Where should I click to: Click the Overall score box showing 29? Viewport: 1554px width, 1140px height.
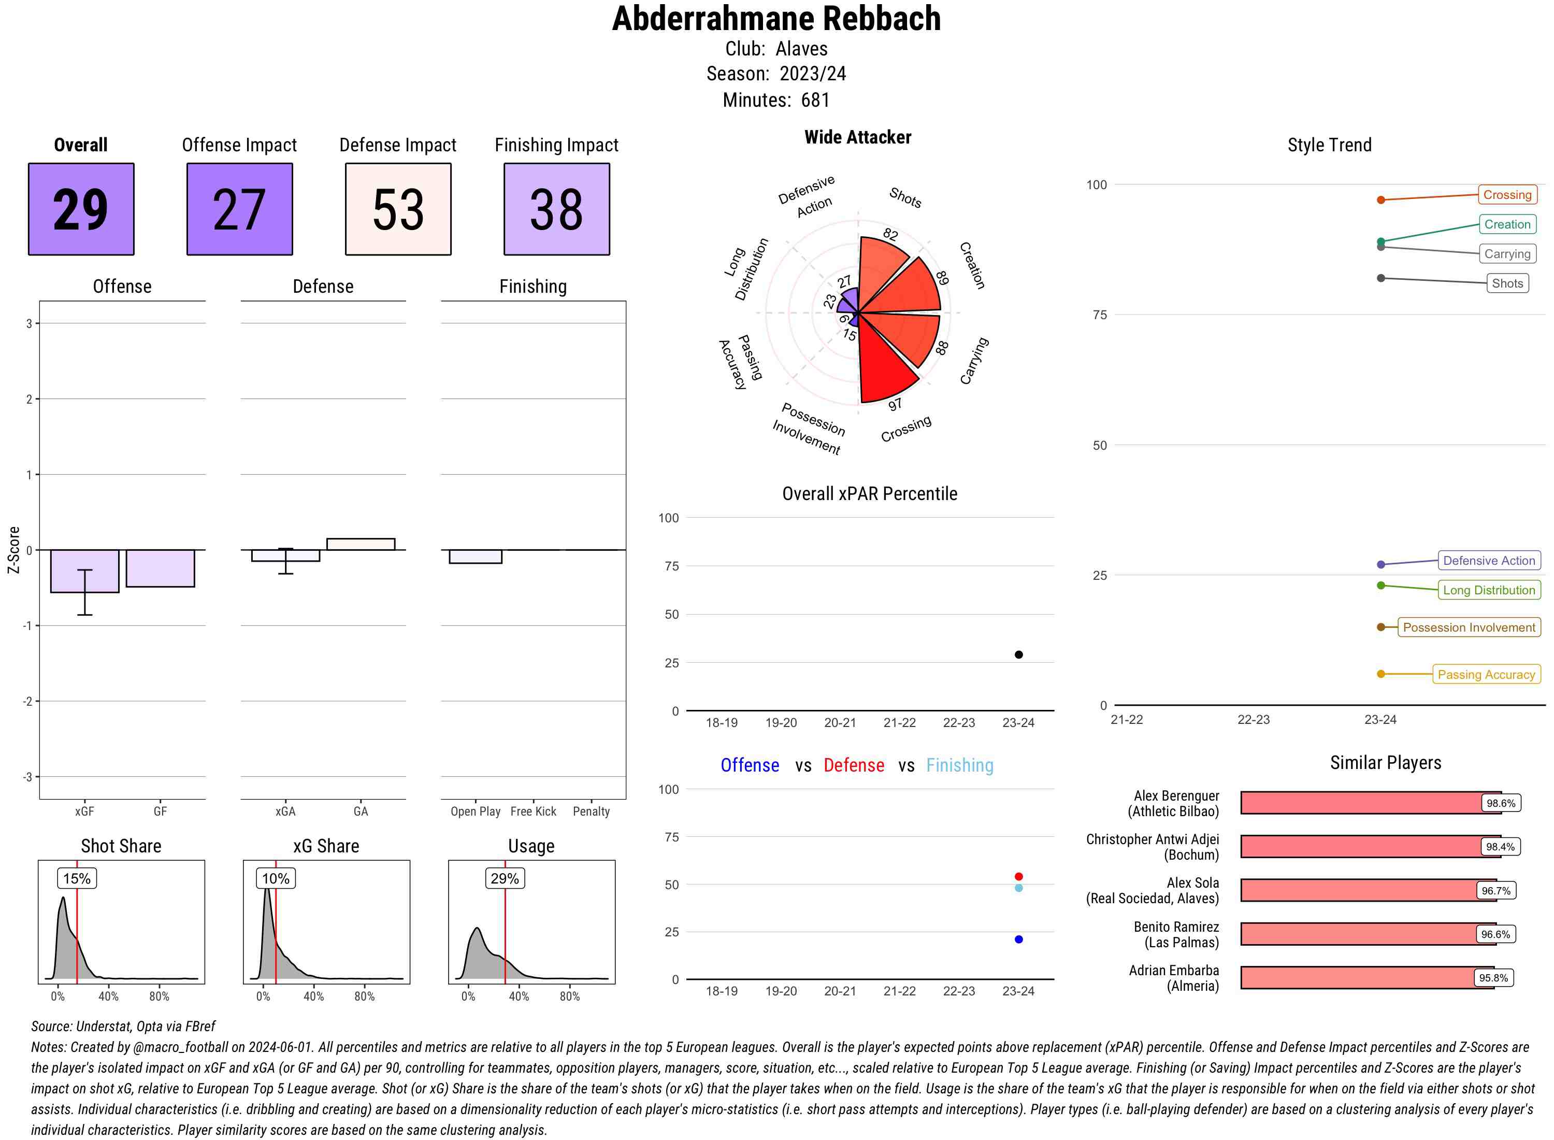tap(81, 209)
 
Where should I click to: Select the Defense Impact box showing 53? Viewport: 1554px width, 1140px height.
tap(398, 209)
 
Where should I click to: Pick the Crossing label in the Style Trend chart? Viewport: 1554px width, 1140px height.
tap(1506, 195)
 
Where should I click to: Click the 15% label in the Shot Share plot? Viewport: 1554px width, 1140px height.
tap(77, 878)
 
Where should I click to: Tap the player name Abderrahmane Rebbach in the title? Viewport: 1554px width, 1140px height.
tap(776, 19)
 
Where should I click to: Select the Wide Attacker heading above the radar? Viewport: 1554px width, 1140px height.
tap(857, 137)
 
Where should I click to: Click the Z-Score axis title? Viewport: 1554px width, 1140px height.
tap(13, 550)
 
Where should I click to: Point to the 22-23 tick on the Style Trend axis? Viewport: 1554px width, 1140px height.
tap(1253, 720)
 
